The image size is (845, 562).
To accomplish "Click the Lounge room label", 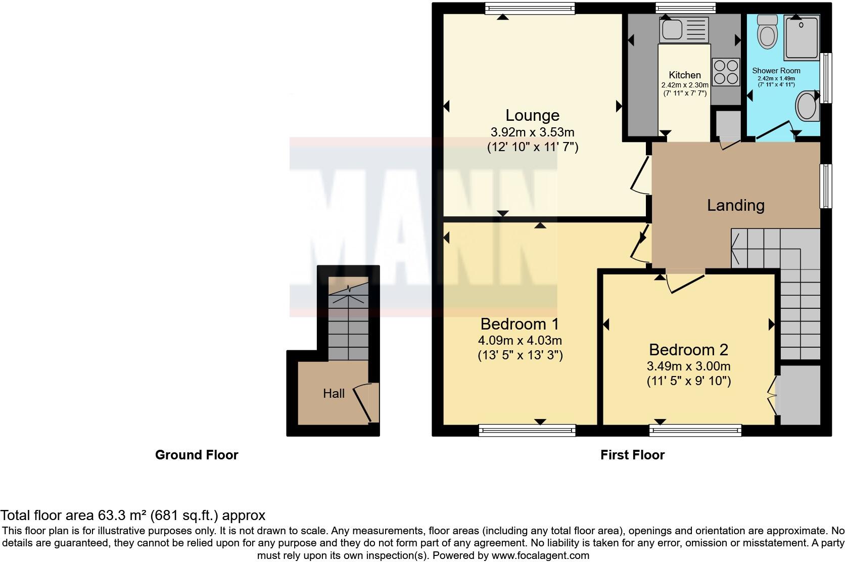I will tap(532, 115).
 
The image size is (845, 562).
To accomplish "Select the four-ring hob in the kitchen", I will tap(725, 72).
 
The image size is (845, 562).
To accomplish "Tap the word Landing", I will tap(735, 205).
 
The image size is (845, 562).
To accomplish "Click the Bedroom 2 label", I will tap(688, 350).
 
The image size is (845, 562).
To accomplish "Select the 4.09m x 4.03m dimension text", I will tap(520, 341).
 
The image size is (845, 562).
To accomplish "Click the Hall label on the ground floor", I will tap(334, 393).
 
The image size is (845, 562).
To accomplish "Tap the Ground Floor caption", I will tap(196, 455).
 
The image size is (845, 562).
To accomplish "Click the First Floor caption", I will tap(632, 455).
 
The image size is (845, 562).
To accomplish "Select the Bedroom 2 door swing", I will tap(685, 283).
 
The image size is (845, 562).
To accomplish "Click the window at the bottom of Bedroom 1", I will tap(527, 431).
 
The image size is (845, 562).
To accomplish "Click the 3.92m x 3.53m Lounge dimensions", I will tap(532, 132).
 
